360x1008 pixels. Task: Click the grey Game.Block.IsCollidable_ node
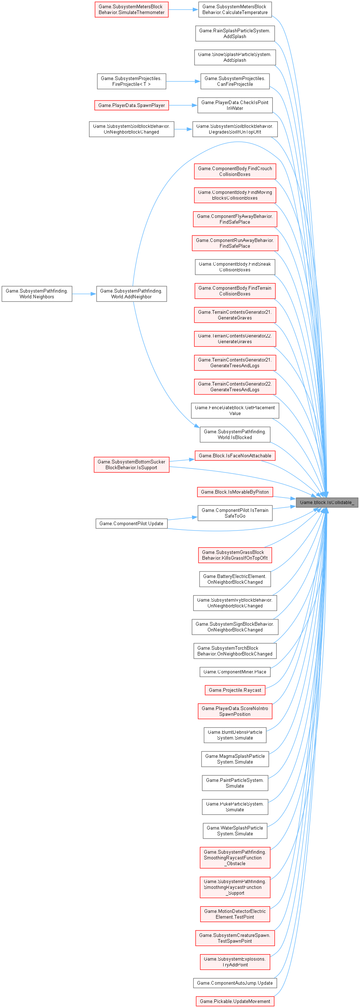pos(327,503)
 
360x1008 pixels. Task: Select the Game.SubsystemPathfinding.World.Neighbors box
pos(37,294)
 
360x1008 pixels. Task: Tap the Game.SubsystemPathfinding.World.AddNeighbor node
pos(131,294)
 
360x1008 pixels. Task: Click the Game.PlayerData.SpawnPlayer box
pos(131,105)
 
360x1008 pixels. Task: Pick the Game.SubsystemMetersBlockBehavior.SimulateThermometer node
pos(131,9)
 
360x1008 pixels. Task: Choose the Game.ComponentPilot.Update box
pos(131,524)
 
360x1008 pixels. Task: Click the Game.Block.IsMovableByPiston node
pos(235,492)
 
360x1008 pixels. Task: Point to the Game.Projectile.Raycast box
pos(235,690)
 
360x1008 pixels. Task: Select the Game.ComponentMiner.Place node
pos(235,672)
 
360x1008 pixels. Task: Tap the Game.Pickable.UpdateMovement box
pos(235,1001)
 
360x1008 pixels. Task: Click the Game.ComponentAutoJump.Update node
pos(235,983)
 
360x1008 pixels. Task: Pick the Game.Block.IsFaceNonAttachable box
pos(235,456)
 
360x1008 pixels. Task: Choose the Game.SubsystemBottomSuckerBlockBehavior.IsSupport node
pos(131,465)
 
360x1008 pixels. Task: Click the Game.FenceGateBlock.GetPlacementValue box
pos(235,410)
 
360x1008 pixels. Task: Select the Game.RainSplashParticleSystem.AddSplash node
pos(235,34)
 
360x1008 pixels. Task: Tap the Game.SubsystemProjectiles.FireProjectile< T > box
pos(131,81)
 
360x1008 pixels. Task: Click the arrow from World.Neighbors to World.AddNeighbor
pos(84,294)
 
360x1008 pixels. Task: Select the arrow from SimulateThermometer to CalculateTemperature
pos(183,9)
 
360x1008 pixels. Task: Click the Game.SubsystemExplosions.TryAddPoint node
pos(235,962)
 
